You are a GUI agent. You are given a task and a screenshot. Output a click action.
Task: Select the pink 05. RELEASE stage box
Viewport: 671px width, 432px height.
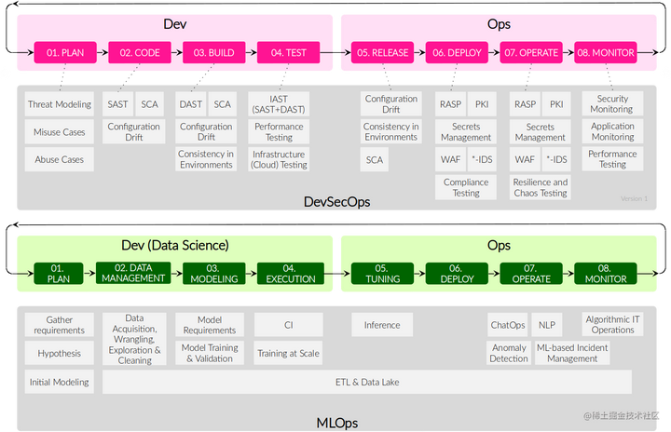click(x=382, y=53)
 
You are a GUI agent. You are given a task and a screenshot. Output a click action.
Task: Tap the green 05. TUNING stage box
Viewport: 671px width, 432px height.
click(x=382, y=273)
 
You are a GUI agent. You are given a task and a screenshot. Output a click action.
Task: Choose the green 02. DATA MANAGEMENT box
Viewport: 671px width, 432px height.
click(x=133, y=273)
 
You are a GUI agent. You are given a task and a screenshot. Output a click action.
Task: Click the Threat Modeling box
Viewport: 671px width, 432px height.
click(x=60, y=105)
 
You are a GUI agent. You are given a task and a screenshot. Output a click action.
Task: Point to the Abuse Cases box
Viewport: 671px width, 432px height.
click(x=60, y=159)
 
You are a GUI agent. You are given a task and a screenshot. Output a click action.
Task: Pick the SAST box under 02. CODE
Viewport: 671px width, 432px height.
click(x=118, y=104)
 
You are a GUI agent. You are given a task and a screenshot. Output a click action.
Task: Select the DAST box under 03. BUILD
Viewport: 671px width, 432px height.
click(x=190, y=104)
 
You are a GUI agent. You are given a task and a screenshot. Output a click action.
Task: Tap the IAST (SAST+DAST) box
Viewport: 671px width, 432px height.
click(x=279, y=104)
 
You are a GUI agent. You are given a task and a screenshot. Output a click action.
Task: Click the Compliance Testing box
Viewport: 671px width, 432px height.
click(x=466, y=187)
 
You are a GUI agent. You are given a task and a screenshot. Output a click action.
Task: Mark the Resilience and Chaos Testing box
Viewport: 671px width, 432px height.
click(x=541, y=187)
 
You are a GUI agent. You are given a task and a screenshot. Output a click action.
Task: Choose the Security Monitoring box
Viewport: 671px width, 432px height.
click(x=612, y=104)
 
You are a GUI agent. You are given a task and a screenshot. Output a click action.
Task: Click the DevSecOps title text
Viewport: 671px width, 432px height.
click(x=335, y=201)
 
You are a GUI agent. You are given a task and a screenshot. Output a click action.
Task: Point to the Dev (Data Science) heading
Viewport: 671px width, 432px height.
click(x=176, y=246)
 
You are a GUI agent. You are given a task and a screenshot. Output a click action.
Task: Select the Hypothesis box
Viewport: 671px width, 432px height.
click(x=60, y=354)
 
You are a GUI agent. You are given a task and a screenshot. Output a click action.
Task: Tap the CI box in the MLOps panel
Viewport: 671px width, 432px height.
click(x=289, y=325)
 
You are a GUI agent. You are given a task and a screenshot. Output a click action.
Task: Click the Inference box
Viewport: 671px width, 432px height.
click(x=382, y=325)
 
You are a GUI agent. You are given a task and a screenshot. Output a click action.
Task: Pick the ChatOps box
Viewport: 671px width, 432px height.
click(x=508, y=325)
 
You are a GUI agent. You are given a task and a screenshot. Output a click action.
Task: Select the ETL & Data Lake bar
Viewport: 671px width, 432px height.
click(x=366, y=382)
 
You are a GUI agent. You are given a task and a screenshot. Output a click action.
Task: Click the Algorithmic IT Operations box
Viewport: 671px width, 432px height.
click(x=612, y=324)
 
